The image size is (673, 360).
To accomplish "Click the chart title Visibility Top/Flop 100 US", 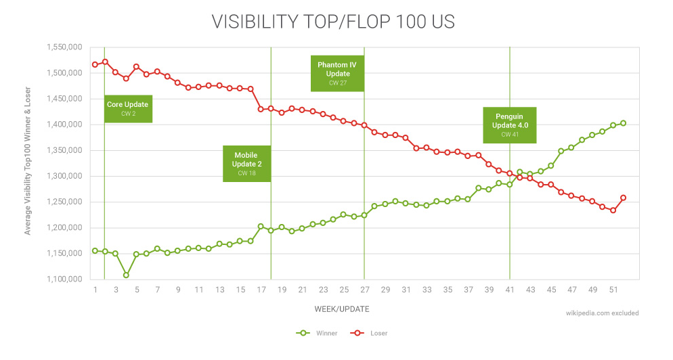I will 333,22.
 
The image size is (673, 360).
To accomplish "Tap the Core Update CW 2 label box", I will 128,108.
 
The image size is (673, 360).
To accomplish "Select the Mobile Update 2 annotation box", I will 246,163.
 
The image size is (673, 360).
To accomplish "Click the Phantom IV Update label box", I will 337,73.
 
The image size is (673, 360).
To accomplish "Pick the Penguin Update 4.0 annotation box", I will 509,125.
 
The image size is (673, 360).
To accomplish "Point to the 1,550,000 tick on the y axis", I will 64,47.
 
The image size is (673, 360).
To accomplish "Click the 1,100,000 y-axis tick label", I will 64,279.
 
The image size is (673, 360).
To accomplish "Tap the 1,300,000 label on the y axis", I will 64,176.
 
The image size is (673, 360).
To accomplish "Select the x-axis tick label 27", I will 364,290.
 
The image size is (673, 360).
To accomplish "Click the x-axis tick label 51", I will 613,290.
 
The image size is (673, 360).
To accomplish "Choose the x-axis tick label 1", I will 95,290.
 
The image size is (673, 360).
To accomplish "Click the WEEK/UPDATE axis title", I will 342,309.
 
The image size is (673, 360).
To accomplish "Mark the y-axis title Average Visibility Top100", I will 28,164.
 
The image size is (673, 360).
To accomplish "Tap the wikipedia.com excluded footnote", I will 602,313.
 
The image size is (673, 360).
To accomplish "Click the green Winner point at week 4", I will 126,275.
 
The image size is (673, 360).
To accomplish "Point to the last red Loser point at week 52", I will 623,198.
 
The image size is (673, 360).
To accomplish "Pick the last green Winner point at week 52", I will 623,123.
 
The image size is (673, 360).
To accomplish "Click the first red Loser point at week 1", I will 95,64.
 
